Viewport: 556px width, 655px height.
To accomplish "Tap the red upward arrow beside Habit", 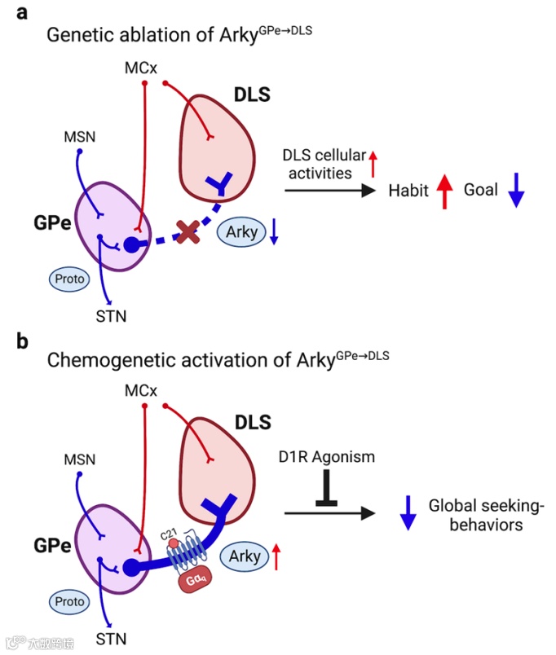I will coord(443,192).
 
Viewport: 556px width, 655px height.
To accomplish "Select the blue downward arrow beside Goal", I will coord(516,192).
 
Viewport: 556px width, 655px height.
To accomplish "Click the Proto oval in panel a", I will coord(69,278).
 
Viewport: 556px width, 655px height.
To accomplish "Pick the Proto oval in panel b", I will coord(69,601).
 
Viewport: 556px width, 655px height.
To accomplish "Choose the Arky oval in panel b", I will coord(245,556).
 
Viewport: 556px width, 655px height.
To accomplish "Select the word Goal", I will coord(482,191).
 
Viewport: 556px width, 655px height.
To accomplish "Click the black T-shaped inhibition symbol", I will coord(327,493).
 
